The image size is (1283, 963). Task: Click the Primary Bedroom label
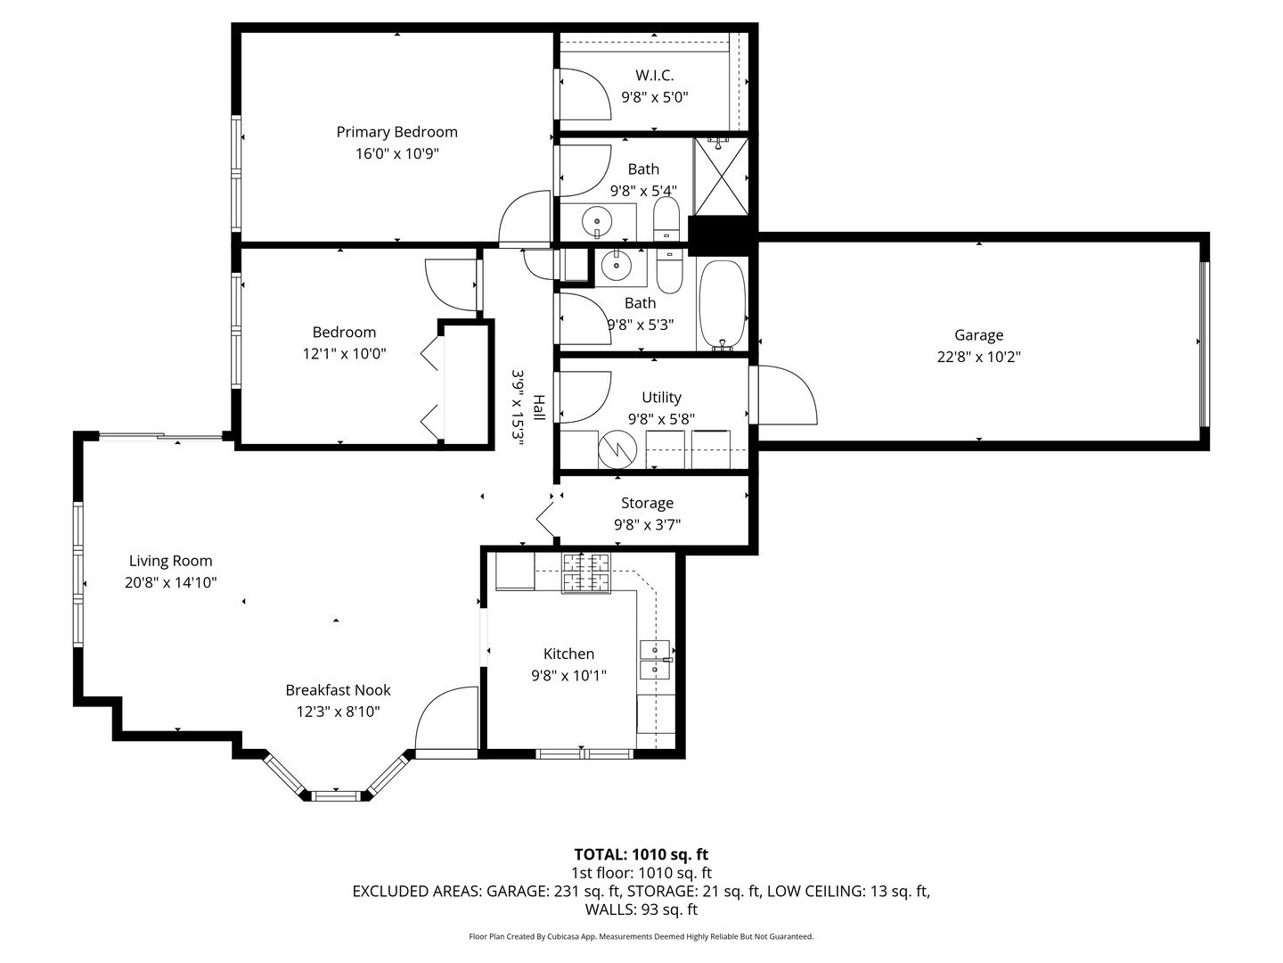pyautogui.click(x=396, y=132)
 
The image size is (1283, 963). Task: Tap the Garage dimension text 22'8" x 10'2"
pyautogui.click(x=978, y=357)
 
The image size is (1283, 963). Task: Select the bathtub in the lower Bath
pyautogui.click(x=722, y=304)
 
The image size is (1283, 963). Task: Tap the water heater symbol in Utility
pyautogui.click(x=614, y=449)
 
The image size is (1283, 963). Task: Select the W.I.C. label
pyautogui.click(x=654, y=76)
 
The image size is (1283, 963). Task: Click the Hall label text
pyautogui.click(x=538, y=408)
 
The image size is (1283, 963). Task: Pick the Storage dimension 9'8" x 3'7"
pyautogui.click(x=647, y=525)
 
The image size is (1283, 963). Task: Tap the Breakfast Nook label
pyautogui.click(x=338, y=690)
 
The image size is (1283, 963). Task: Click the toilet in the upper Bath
pyautogui.click(x=666, y=219)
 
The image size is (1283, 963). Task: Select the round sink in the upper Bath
pyautogui.click(x=596, y=219)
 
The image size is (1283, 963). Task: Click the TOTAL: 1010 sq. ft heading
pyautogui.click(x=641, y=855)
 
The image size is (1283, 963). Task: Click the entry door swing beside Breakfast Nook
pyautogui.click(x=446, y=720)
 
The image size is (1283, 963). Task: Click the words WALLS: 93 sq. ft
pyautogui.click(x=641, y=909)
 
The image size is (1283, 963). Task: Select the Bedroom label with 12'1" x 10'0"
pyautogui.click(x=344, y=333)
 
